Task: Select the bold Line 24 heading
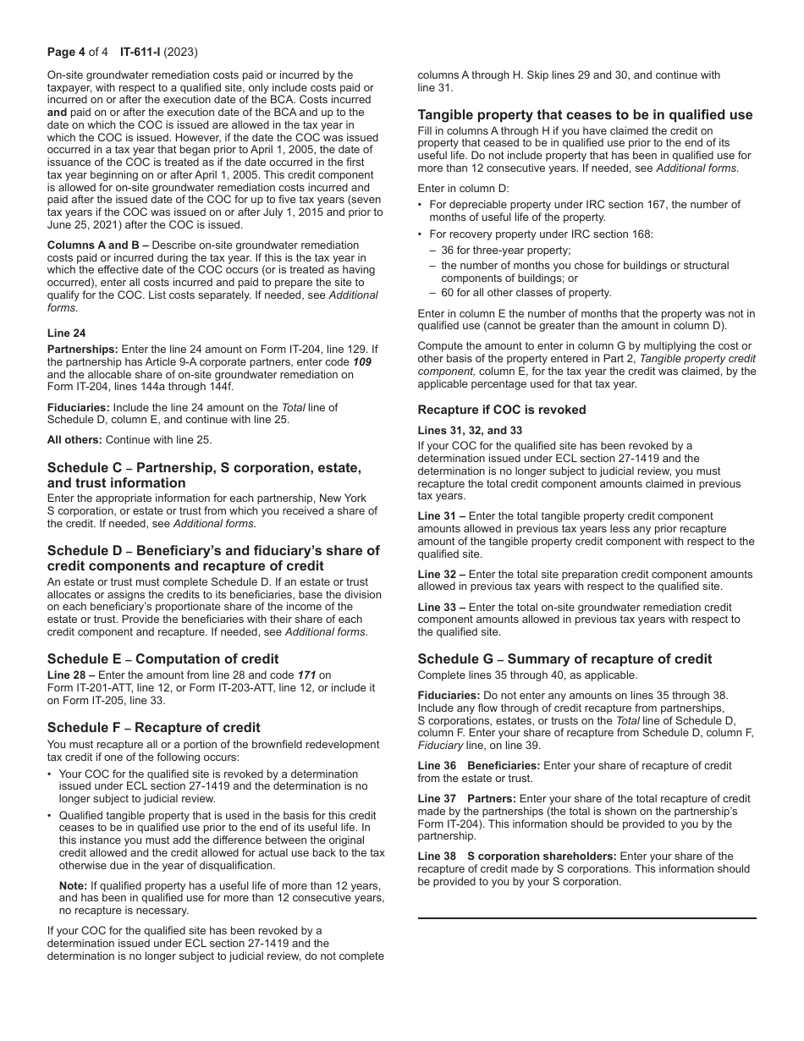coord(66,333)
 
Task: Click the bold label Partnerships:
coord(83,349)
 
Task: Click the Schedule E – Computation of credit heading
coord(162,658)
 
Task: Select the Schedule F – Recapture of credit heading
coord(153,727)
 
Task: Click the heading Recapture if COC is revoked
coord(501,410)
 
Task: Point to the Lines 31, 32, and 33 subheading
coord(470,430)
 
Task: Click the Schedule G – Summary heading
coord(564,658)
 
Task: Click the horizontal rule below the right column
coord(586,917)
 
